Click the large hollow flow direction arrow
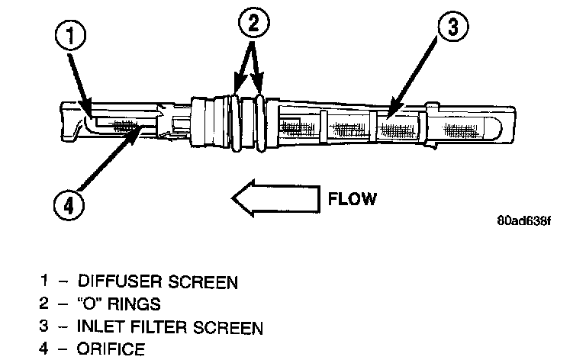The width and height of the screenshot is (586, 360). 274,200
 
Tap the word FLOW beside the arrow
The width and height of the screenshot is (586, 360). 352,201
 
